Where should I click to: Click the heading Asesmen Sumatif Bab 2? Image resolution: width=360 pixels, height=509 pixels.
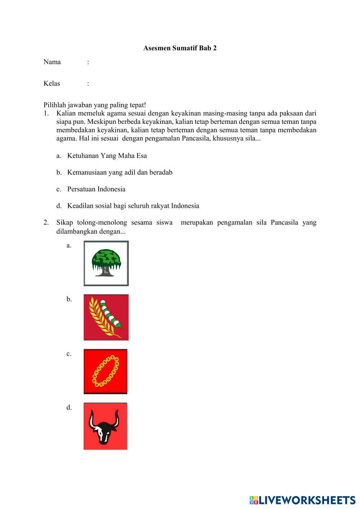pyautogui.click(x=180, y=48)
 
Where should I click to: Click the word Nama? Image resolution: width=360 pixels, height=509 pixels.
pyautogui.click(x=52, y=62)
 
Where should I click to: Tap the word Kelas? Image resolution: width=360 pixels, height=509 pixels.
pyautogui.click(x=52, y=84)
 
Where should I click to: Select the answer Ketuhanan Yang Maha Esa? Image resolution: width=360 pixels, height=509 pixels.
pyautogui.click(x=107, y=156)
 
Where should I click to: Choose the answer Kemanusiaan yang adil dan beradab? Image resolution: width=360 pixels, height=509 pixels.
pyautogui.click(x=120, y=172)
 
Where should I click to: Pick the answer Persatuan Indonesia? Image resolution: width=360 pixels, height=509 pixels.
pyautogui.click(x=96, y=189)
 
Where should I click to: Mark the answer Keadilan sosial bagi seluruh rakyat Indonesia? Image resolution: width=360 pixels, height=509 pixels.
pyautogui.click(x=133, y=206)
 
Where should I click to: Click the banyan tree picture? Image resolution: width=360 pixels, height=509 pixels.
pyautogui.click(x=106, y=263)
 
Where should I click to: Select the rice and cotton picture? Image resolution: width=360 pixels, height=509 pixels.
pyautogui.click(x=106, y=317)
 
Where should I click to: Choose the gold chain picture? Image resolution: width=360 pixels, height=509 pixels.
pyautogui.click(x=105, y=371)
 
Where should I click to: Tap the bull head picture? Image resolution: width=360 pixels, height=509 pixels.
pyautogui.click(x=105, y=426)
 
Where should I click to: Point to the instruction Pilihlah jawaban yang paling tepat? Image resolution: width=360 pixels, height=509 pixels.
pyautogui.click(x=95, y=105)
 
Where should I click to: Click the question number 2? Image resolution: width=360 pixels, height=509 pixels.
pyautogui.click(x=46, y=222)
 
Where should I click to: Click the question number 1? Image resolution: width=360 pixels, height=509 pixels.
pyautogui.click(x=46, y=113)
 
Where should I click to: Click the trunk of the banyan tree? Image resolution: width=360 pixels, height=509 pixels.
pyautogui.click(x=105, y=271)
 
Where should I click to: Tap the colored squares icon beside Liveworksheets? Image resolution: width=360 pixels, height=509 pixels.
pyautogui.click(x=253, y=500)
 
